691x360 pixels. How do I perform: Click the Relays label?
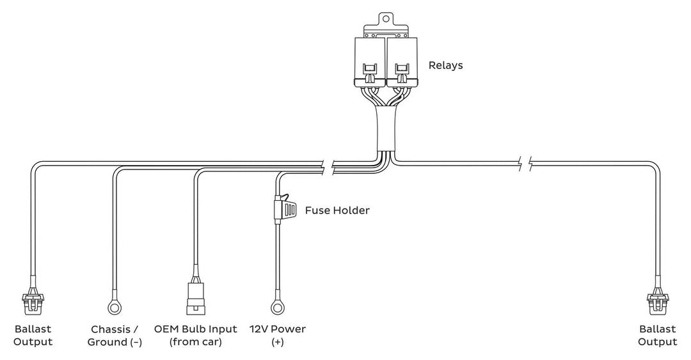pos(445,65)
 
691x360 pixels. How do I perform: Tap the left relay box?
pos(370,61)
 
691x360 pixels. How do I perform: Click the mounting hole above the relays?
pos(386,19)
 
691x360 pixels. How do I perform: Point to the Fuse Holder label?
pos(337,210)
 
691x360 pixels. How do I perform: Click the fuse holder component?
pos(283,208)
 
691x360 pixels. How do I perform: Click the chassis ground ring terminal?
pos(115,308)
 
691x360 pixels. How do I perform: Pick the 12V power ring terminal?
pos(278,308)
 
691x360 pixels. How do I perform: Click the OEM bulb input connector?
pos(195,298)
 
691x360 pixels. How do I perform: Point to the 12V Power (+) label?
pos(278,336)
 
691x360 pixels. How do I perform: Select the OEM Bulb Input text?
pos(196,329)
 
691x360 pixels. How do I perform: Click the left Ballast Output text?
pos(32,336)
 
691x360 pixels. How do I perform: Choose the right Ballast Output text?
pos(657,336)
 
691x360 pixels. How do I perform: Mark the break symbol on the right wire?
pos(525,164)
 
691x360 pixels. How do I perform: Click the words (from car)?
pos(196,343)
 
